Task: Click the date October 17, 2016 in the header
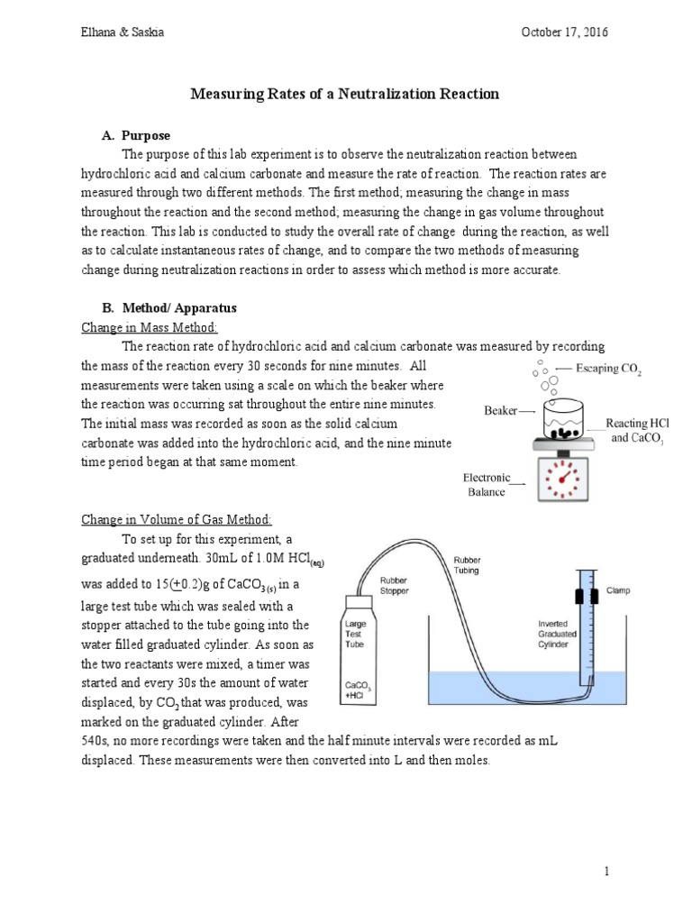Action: (564, 32)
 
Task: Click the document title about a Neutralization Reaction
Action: (346, 94)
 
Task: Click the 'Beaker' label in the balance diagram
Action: (500, 410)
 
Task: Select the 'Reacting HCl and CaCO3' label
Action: (636, 430)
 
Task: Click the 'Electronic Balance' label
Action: (487, 485)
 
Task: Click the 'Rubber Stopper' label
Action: (397, 586)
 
